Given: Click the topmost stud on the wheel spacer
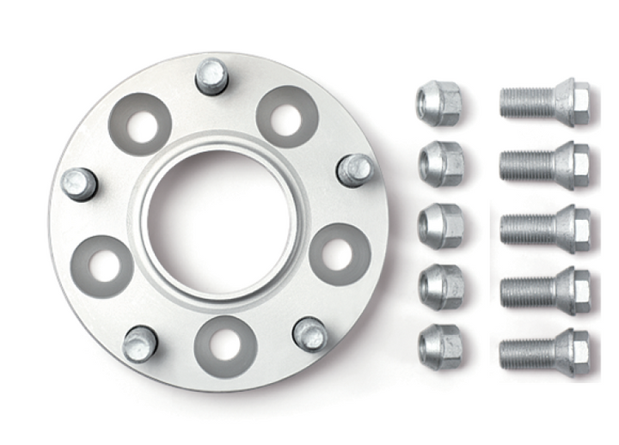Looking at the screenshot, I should [211, 76].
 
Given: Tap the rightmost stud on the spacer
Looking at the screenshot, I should [353, 169].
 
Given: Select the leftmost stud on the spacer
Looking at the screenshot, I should [79, 183].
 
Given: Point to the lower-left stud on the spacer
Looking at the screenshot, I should [139, 344].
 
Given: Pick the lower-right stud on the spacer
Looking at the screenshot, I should [309, 333].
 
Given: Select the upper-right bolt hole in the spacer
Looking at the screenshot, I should [287, 114].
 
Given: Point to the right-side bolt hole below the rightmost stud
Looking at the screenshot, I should [340, 253].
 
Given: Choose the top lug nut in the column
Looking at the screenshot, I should [439, 103].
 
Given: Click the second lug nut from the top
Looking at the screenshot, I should [440, 162].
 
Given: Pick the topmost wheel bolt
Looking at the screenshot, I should [543, 102].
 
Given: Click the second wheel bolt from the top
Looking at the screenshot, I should [543, 162].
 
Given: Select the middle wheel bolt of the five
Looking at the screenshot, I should [543, 226].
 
